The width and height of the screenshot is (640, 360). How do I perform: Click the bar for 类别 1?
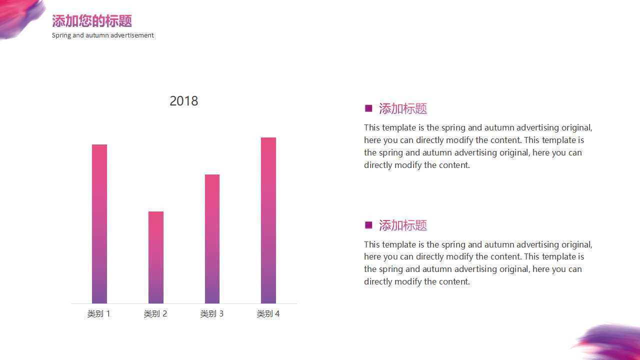point(99,224)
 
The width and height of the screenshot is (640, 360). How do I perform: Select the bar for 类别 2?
point(156,257)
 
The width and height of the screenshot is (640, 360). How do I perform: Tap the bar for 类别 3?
point(212,239)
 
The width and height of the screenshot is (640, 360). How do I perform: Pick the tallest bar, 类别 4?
point(268,220)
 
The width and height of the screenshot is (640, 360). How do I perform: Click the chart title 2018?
point(183,101)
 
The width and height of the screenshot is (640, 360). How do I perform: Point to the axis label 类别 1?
point(99,313)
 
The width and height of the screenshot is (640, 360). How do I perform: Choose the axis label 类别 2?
point(155,313)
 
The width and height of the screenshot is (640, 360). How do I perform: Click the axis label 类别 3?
point(211,313)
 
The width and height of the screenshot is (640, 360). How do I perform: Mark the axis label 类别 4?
point(268,313)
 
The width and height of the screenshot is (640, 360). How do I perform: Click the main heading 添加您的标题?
point(92,21)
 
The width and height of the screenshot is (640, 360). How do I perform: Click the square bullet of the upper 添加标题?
point(368,108)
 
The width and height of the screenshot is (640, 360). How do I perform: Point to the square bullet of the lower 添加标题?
point(368,225)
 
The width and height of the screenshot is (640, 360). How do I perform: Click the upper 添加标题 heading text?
point(403,108)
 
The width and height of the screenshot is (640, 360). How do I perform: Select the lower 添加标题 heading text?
point(403,225)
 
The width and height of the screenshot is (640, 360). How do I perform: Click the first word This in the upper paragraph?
point(371,127)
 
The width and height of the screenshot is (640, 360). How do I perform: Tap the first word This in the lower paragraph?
point(371,244)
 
